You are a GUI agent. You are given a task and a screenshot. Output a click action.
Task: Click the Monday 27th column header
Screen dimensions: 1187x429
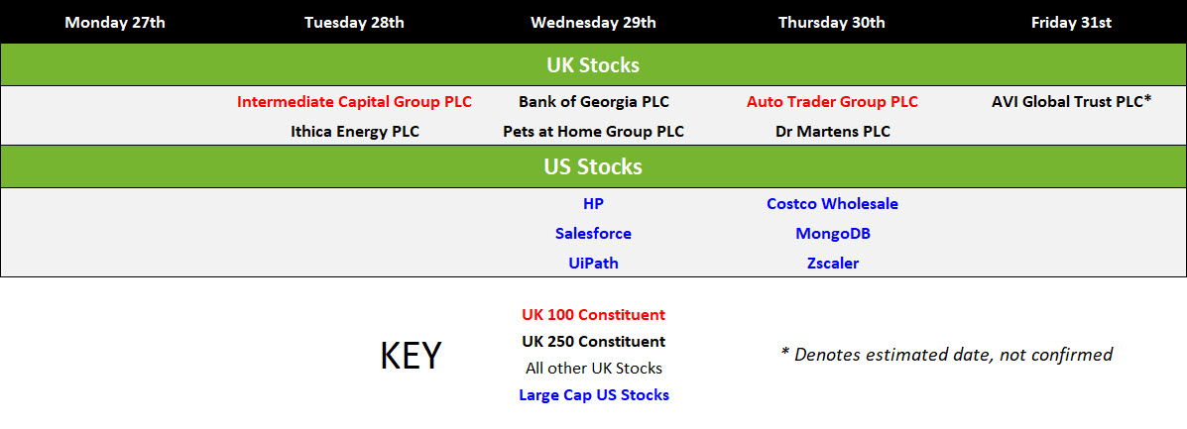(x=115, y=23)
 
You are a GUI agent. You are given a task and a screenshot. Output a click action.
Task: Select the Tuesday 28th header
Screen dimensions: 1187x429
(x=354, y=23)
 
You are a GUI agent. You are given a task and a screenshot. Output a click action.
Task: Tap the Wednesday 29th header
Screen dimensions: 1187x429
(x=593, y=23)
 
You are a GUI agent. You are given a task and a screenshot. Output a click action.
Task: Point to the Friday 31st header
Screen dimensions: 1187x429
(x=1071, y=23)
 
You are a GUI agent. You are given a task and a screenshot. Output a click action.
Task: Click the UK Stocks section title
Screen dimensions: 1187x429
(x=593, y=65)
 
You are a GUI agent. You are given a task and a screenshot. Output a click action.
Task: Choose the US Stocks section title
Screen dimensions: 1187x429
(x=593, y=166)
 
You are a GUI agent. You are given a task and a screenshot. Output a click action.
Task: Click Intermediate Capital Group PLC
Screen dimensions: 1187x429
(x=354, y=102)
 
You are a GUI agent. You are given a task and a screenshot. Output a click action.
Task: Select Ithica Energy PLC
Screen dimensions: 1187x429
(x=354, y=132)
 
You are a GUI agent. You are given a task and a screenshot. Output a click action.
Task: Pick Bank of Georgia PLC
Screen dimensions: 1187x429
(x=593, y=102)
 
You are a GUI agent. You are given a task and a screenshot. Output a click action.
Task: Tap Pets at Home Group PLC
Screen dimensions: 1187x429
(x=593, y=132)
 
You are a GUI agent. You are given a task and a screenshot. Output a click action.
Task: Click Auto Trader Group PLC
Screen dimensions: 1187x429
(x=833, y=102)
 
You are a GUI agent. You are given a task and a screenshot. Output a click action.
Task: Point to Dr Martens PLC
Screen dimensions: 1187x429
(x=833, y=132)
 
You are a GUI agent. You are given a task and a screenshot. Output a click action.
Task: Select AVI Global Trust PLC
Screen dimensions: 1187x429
(x=1067, y=102)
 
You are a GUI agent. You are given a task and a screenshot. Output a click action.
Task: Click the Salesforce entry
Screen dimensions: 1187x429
(x=593, y=234)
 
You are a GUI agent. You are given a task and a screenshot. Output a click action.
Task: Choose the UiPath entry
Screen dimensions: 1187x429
(x=593, y=264)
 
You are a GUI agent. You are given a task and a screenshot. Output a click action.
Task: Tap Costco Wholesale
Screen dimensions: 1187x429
(x=833, y=203)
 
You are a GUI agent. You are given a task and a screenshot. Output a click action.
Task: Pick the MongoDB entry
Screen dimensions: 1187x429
(x=833, y=234)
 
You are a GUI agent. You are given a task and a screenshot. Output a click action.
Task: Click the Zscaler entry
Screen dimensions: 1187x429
(x=833, y=264)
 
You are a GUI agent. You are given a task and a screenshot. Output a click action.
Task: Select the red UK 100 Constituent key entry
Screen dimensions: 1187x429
(x=593, y=315)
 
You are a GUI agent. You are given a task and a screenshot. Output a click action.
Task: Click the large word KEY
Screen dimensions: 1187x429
(x=411, y=356)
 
